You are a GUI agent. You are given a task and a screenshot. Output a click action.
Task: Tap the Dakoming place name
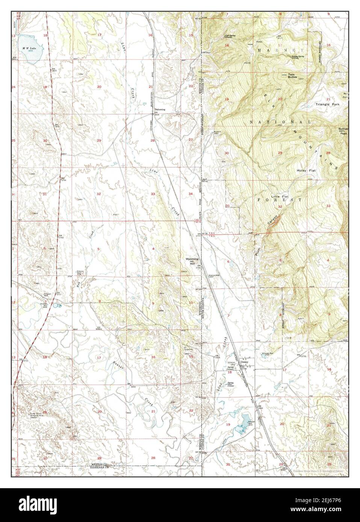[160, 110]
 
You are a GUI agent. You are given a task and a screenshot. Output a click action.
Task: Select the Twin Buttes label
[292, 75]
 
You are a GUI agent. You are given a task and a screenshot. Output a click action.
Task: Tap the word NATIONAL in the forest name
[280, 122]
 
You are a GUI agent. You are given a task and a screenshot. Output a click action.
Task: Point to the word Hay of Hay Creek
[79, 285]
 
